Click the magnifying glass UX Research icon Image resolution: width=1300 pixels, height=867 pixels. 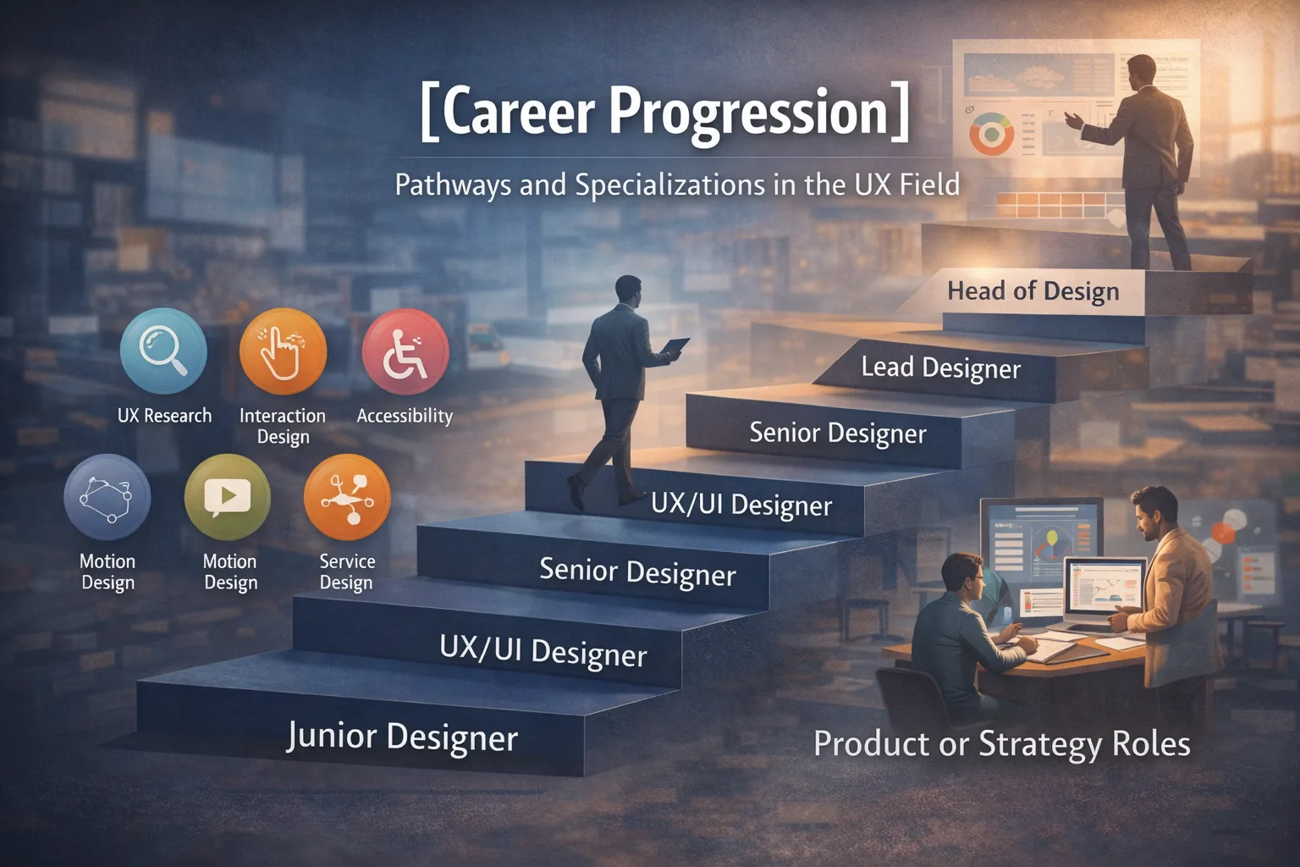coord(163,351)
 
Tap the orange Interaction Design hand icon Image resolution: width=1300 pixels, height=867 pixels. coord(283,351)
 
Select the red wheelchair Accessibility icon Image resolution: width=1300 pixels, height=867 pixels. coord(405,351)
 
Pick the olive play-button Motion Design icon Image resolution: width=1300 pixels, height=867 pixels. coord(227,497)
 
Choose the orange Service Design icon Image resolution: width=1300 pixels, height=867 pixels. coord(347,497)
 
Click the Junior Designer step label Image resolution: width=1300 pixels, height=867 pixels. coord(402,737)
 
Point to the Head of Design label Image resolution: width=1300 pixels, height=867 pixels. coord(1033,291)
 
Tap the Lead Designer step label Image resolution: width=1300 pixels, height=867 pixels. coord(940,368)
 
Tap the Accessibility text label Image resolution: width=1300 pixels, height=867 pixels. coord(405,416)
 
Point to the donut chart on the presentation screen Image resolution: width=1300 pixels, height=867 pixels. coord(991,135)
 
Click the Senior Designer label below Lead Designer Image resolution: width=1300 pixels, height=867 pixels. coord(837,433)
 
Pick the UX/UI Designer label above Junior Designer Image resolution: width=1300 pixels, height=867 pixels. coord(543,652)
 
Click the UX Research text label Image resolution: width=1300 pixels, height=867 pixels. coord(164,416)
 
